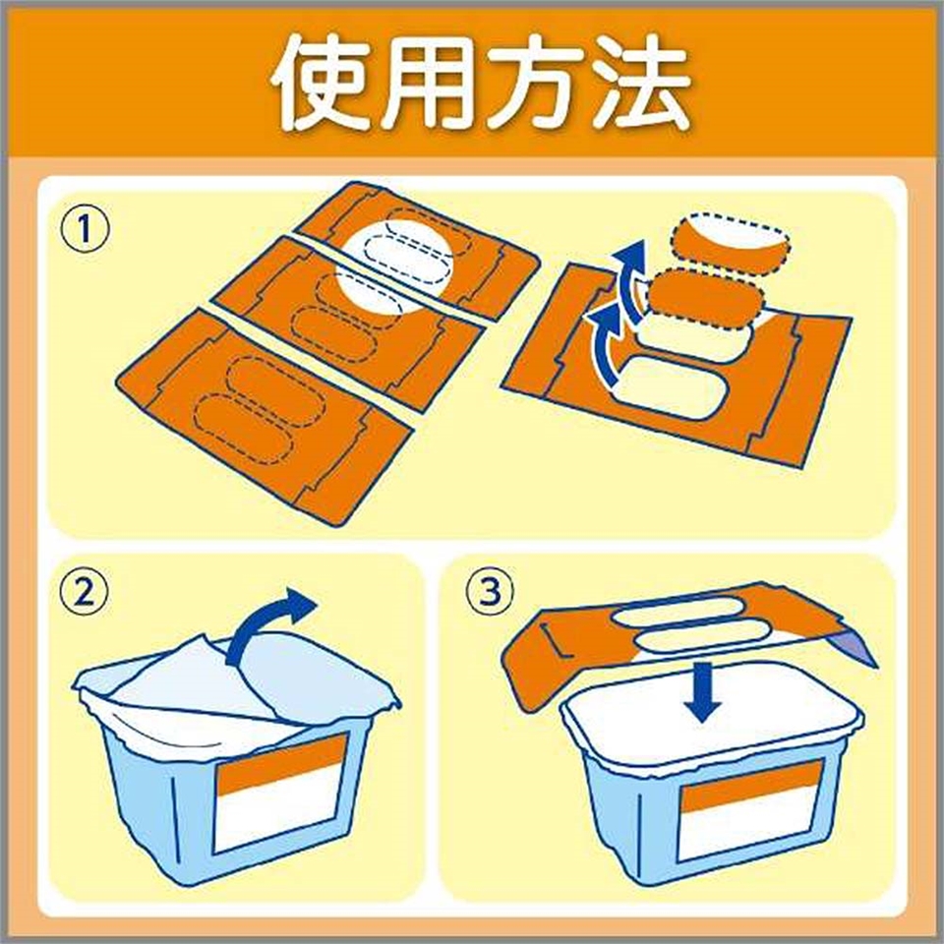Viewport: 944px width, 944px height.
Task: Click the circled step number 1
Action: (86, 229)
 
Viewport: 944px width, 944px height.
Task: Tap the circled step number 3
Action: (492, 592)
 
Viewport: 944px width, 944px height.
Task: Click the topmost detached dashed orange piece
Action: (729, 245)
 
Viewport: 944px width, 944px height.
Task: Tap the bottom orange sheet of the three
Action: (265, 415)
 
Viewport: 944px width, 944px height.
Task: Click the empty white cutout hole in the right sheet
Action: (670, 385)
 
